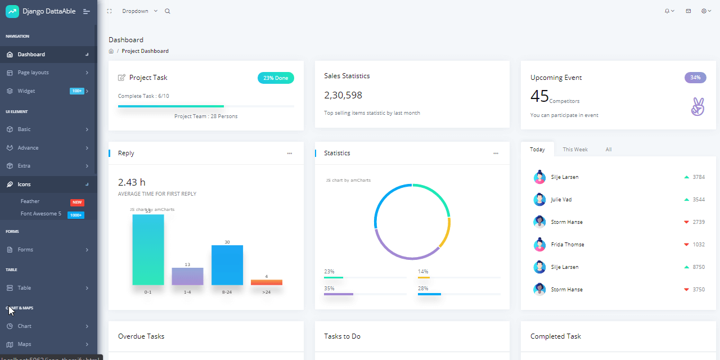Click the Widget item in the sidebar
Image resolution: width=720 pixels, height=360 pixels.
pos(26,91)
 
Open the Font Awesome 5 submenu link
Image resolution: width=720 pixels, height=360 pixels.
pos(41,214)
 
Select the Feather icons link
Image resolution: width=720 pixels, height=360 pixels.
pos(30,201)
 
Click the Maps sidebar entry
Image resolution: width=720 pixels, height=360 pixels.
pos(24,344)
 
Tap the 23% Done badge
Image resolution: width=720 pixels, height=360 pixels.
pos(276,78)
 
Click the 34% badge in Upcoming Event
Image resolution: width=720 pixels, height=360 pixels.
pos(695,78)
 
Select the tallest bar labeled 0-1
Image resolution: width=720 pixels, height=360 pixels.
pos(148,250)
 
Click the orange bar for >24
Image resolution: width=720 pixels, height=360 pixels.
pos(266,282)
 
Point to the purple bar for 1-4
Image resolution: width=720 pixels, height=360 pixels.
pos(187,276)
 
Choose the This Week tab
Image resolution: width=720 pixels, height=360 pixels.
pos(575,150)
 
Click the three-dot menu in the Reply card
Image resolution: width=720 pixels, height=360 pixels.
pos(290,154)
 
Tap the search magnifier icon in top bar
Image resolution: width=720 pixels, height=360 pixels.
pos(167,11)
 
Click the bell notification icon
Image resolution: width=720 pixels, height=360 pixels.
pos(668,11)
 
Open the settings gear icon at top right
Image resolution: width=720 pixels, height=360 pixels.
pos(704,11)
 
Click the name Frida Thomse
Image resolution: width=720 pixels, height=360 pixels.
pos(568,245)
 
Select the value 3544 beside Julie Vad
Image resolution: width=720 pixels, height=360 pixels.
pos(698,200)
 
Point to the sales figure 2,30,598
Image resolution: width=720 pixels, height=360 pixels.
pos(343,96)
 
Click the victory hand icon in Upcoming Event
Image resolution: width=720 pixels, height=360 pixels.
pos(697,107)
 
